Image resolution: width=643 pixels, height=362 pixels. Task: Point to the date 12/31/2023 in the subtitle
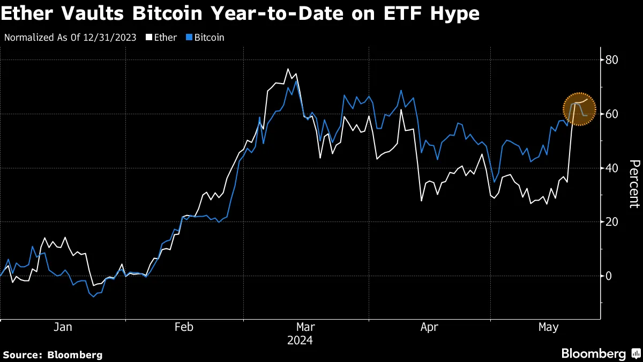pos(114,38)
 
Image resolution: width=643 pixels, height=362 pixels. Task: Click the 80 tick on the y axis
pos(612,60)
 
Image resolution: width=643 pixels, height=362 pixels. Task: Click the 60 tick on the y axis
pos(612,114)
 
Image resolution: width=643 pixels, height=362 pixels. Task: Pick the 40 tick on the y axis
pos(612,168)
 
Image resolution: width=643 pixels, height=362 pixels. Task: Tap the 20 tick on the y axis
pos(612,222)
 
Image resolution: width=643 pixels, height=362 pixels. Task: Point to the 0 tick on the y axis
pos(609,276)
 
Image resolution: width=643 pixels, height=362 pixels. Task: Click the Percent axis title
pos(634,184)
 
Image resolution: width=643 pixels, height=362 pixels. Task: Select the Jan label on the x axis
pos(63,327)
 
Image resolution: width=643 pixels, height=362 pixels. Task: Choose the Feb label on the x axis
pos(184,327)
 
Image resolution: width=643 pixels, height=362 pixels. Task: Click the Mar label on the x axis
pos(305,327)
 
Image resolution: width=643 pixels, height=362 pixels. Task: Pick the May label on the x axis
pos(548,327)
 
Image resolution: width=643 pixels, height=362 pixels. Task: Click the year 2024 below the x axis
pos(300,341)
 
